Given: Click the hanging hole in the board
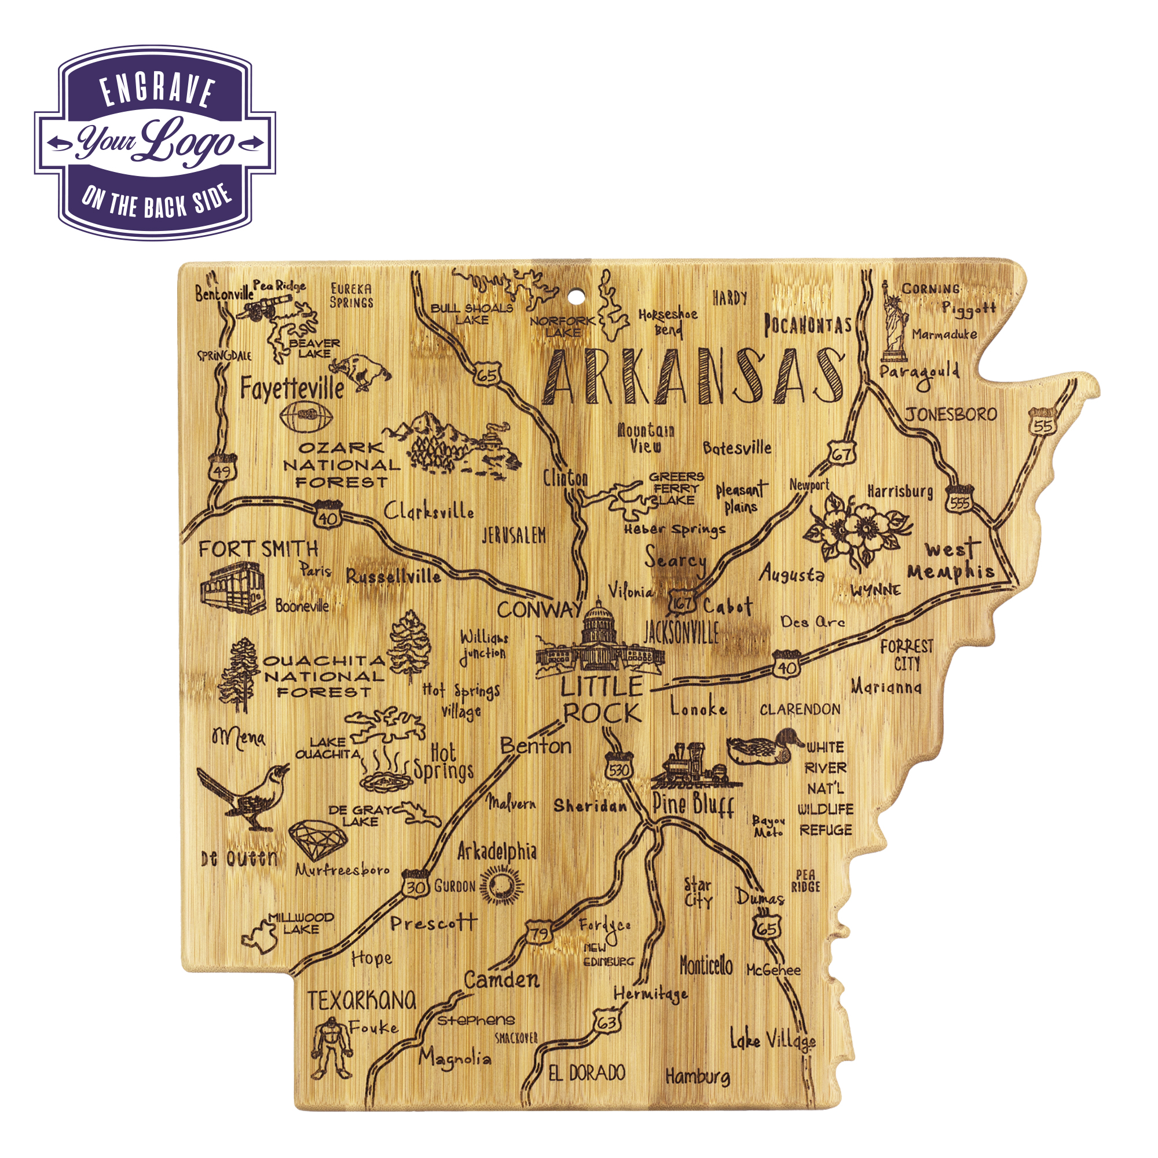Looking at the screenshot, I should pyautogui.click(x=576, y=296).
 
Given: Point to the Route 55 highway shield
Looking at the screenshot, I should pyautogui.click(x=1042, y=423).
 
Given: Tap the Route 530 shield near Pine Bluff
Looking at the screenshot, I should pyautogui.click(x=618, y=768).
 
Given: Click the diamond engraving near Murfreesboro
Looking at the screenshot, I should pyautogui.click(x=318, y=840).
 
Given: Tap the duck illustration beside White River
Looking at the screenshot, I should pyautogui.click(x=764, y=747).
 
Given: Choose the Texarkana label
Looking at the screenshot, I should pyautogui.click(x=361, y=1000).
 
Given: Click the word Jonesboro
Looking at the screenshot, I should pyautogui.click(x=951, y=414).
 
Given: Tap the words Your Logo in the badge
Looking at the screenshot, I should pyautogui.click(x=155, y=142).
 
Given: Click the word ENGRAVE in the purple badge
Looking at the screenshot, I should pyautogui.click(x=157, y=91).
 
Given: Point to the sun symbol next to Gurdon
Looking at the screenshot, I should pyautogui.click(x=501, y=886).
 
